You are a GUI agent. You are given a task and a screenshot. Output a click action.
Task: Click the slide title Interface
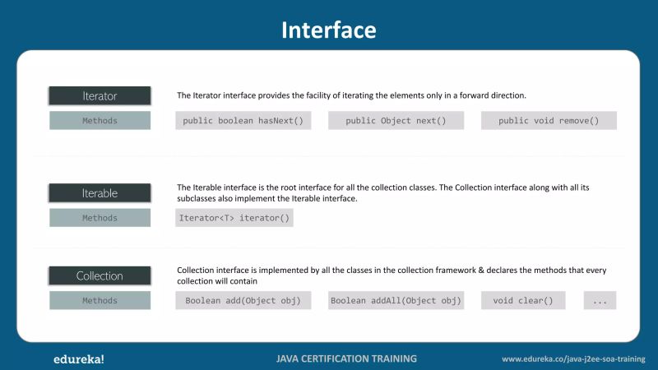328,30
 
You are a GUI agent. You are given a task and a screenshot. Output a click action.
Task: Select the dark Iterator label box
100,95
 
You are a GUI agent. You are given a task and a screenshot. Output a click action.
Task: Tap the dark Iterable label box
100,193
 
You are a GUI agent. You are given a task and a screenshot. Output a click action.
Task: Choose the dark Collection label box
100,275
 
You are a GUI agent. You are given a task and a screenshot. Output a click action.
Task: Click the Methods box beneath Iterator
100,121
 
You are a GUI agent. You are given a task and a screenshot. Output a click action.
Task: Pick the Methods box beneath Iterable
100,218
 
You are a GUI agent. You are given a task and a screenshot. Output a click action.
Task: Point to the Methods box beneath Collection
100,300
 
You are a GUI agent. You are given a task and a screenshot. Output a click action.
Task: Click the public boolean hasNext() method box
243,121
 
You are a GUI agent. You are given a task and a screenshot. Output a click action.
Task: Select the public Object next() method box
396,121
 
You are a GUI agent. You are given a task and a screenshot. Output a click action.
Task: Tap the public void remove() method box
549,121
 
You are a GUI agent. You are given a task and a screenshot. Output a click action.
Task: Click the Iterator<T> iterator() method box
234,218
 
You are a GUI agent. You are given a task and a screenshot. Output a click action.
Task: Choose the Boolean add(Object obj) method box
243,300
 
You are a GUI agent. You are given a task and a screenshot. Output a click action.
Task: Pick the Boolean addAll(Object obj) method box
396,300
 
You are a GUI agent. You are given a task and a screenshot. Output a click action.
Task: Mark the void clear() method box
523,300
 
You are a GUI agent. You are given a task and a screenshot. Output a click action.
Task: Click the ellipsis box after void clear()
600,300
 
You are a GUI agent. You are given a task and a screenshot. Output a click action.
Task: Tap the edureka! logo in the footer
78,358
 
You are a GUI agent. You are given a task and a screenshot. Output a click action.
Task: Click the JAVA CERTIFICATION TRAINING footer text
346,358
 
